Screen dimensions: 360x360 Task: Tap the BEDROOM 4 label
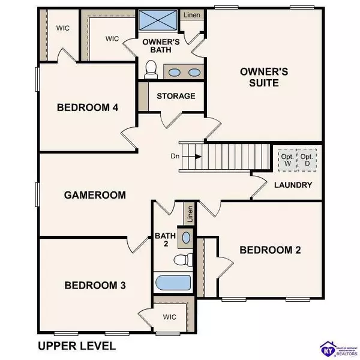click(88, 108)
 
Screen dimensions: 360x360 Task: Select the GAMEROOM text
click(95, 195)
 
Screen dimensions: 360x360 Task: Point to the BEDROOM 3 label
click(95, 285)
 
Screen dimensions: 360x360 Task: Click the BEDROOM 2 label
click(270, 250)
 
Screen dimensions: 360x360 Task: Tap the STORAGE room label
click(176, 96)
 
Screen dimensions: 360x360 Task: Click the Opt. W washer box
click(287, 160)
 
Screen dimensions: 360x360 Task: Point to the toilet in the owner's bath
click(151, 70)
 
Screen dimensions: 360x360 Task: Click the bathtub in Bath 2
click(173, 283)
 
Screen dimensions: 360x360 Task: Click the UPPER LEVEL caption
click(76, 346)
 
